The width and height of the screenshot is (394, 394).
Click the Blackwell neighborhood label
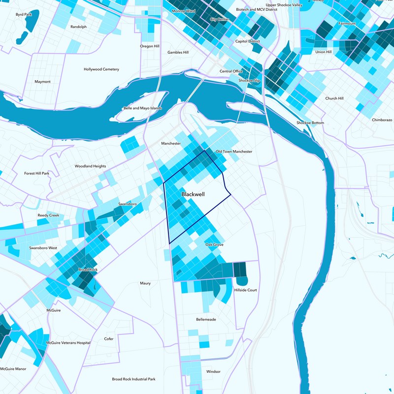click(x=193, y=195)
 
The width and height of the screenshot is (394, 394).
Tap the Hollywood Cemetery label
click(x=101, y=69)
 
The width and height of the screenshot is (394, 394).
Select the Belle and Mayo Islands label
click(x=142, y=108)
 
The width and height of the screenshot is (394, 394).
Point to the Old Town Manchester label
click(x=234, y=152)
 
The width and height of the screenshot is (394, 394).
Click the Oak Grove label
click(x=214, y=245)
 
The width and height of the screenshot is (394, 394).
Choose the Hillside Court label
click(x=246, y=290)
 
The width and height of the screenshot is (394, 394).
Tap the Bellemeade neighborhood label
click(x=206, y=319)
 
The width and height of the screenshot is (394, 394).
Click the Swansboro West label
click(x=43, y=248)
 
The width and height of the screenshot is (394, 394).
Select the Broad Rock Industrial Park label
click(x=133, y=379)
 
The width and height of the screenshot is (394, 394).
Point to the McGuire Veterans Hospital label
click(x=68, y=342)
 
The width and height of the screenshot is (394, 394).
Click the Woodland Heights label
click(x=90, y=166)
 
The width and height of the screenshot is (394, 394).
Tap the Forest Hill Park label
click(x=37, y=173)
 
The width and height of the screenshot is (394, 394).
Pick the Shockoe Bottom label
click(x=310, y=123)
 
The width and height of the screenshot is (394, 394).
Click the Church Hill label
click(x=334, y=98)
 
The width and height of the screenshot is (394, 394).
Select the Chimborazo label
click(x=382, y=120)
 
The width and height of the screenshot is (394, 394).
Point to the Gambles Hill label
click(x=178, y=52)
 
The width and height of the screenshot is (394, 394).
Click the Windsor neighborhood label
click(x=213, y=371)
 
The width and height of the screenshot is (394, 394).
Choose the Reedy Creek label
click(x=48, y=216)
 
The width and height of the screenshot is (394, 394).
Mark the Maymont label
click(x=42, y=82)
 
